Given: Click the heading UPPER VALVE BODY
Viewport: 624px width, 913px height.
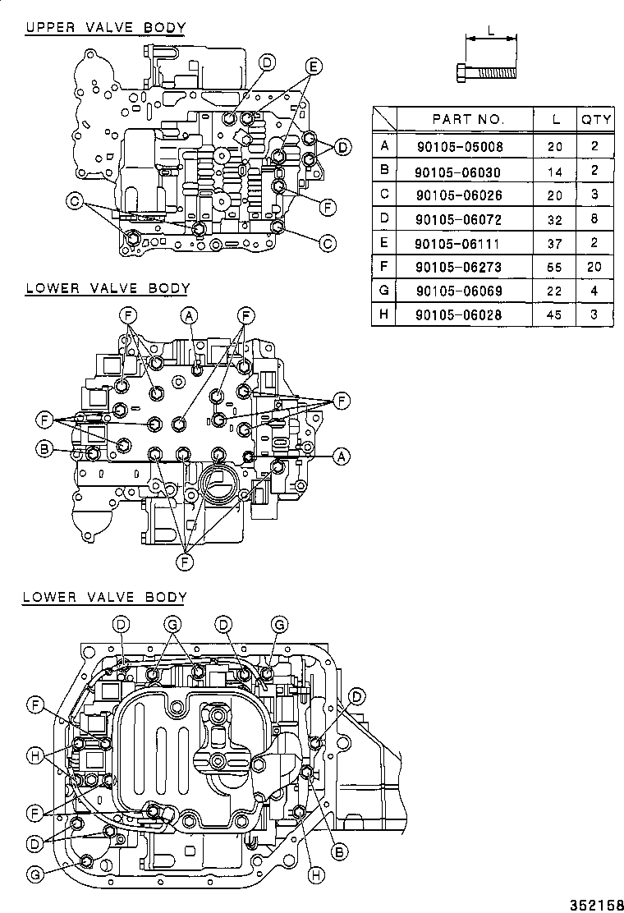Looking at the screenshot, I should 105,28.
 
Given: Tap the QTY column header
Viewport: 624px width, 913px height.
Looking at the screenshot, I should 596,119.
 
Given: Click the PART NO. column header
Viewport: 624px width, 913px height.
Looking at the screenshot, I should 467,119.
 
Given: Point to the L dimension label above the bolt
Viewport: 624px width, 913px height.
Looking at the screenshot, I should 490,31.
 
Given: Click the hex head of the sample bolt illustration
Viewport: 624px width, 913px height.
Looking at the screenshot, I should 460,72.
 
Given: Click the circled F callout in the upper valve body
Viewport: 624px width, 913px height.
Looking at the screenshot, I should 328,207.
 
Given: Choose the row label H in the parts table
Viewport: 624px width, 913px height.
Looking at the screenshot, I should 383,314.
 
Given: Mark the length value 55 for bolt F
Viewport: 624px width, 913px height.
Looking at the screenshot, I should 556,267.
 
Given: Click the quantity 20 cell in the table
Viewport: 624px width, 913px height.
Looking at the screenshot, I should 595,267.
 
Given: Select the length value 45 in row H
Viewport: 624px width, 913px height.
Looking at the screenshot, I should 556,314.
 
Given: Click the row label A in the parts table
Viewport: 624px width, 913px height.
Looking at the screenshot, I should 383,148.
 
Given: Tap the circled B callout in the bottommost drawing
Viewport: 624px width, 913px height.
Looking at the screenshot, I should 337,853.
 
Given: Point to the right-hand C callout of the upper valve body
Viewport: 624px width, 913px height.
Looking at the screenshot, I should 328,242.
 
